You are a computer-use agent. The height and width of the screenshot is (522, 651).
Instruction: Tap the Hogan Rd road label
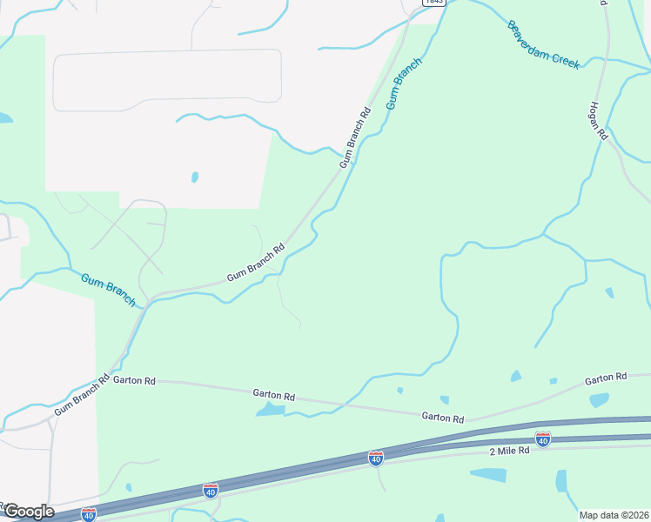coord(597,119)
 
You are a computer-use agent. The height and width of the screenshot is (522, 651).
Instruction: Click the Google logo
coord(28,511)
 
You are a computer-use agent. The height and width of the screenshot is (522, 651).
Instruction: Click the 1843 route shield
coord(433,3)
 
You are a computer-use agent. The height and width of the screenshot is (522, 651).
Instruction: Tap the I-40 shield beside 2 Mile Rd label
coord(543,439)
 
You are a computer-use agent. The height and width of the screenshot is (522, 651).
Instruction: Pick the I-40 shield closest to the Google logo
coord(89,514)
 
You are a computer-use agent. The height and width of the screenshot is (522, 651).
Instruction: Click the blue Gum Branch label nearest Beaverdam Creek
coord(404,84)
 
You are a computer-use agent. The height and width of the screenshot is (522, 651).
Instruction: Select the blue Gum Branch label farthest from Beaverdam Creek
coord(109,290)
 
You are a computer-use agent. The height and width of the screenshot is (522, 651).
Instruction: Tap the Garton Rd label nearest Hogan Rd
coord(605,378)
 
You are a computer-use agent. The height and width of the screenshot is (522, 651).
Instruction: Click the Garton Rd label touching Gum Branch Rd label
coord(134,380)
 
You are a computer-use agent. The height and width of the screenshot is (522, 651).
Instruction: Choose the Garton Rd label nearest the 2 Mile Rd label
coord(443,418)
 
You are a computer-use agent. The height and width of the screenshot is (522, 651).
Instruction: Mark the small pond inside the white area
coord(194,177)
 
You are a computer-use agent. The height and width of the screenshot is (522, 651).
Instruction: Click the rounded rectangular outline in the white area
coord(167,79)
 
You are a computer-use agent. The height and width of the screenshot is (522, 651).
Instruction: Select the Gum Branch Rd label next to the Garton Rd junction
coord(82,395)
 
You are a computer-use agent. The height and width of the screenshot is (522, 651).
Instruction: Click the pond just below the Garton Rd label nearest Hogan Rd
coord(599,400)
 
